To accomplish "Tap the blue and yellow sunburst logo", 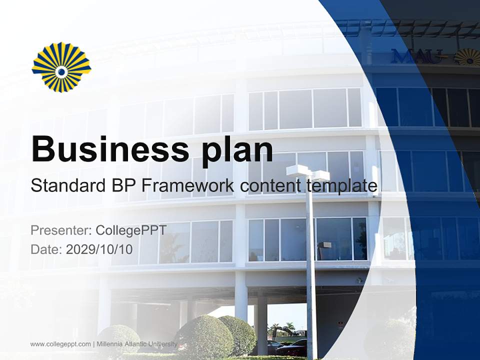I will coord(61,67).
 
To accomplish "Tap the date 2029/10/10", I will coord(99,249).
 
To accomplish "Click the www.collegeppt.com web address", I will coord(60,344).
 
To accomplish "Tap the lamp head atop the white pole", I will coord(308,173).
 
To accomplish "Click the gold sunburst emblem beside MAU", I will coord(467,56).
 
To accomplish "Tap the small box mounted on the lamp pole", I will coord(324,245).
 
